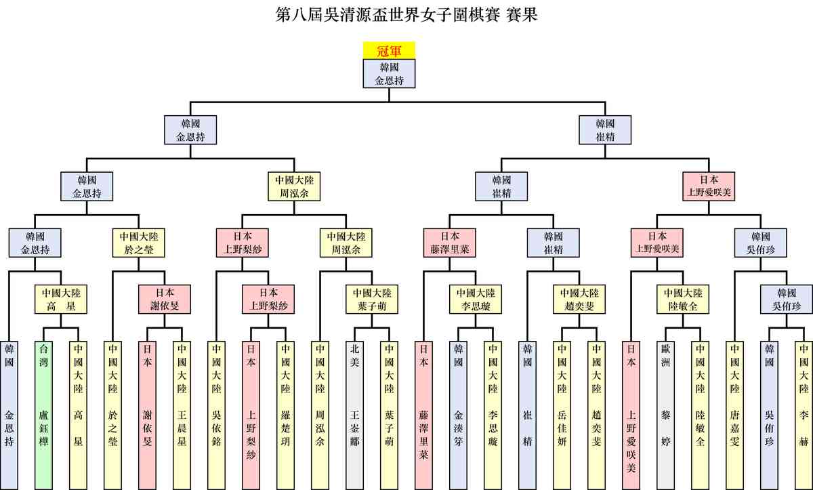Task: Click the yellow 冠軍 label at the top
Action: [x=389, y=50]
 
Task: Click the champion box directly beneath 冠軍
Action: [x=389, y=74]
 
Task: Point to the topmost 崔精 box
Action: [x=604, y=130]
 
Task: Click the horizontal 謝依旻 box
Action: [x=165, y=300]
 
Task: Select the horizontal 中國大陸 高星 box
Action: [x=61, y=300]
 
